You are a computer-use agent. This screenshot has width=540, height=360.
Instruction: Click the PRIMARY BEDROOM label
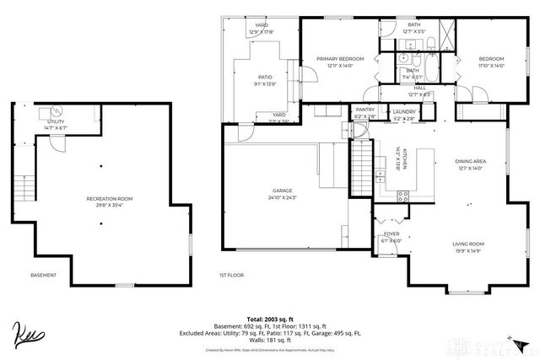coord(340,59)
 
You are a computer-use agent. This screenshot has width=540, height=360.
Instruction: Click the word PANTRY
coord(364,110)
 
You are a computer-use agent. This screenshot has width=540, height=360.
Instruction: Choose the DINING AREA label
coord(469,161)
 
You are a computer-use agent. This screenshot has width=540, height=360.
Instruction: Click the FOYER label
coord(391,234)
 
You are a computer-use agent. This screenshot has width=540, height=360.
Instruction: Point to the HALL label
coord(419,87)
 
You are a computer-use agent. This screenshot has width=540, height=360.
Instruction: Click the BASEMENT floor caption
coord(43,275)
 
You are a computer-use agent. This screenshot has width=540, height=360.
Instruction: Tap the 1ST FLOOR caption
coord(231,275)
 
